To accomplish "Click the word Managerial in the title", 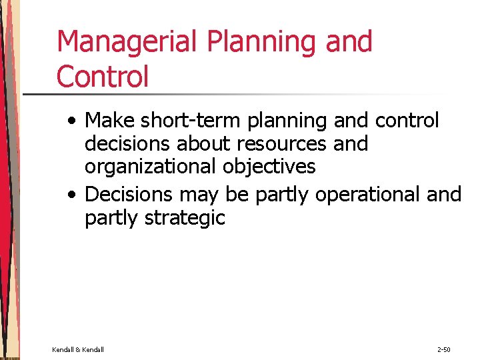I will click(127, 42).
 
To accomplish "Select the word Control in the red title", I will click(103, 76).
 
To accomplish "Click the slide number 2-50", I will click(445, 349).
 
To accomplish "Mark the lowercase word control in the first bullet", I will click(407, 121).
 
